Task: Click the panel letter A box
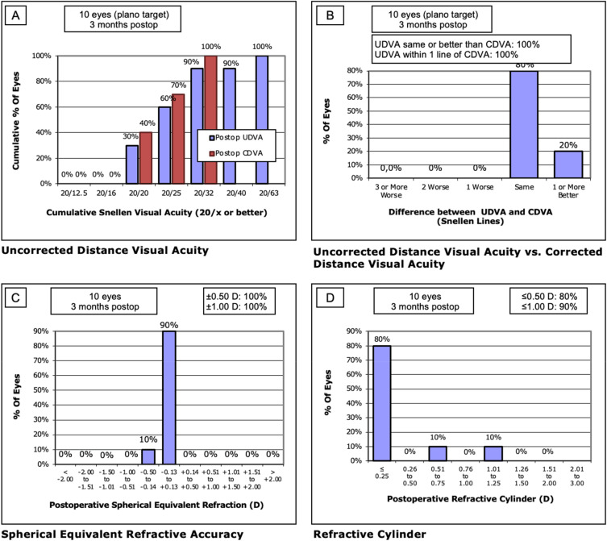tap(15, 15)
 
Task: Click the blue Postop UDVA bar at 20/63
tap(262, 119)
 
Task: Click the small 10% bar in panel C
tap(148, 456)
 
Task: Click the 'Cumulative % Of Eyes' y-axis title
tap(17, 120)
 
